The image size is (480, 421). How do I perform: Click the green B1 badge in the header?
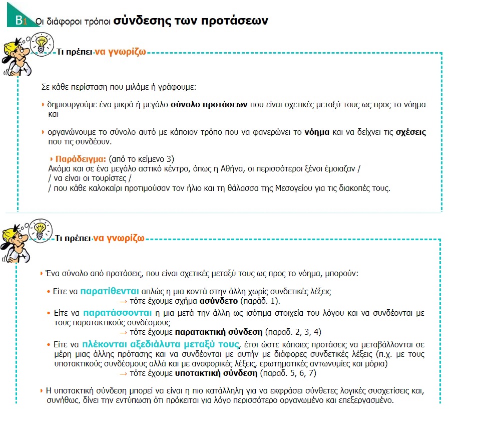[x=20, y=21]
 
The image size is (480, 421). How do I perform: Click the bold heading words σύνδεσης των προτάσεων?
[x=191, y=21]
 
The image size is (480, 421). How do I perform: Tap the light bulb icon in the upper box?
[x=43, y=41]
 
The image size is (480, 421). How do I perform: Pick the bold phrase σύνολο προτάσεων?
[x=209, y=105]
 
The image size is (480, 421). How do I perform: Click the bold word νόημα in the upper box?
[x=317, y=133]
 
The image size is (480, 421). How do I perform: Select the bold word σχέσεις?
[x=411, y=133]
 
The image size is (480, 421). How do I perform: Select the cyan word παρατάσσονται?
[x=113, y=312]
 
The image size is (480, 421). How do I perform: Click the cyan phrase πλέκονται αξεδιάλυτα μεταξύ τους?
[x=161, y=344]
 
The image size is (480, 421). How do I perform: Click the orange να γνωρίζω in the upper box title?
[x=120, y=51]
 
